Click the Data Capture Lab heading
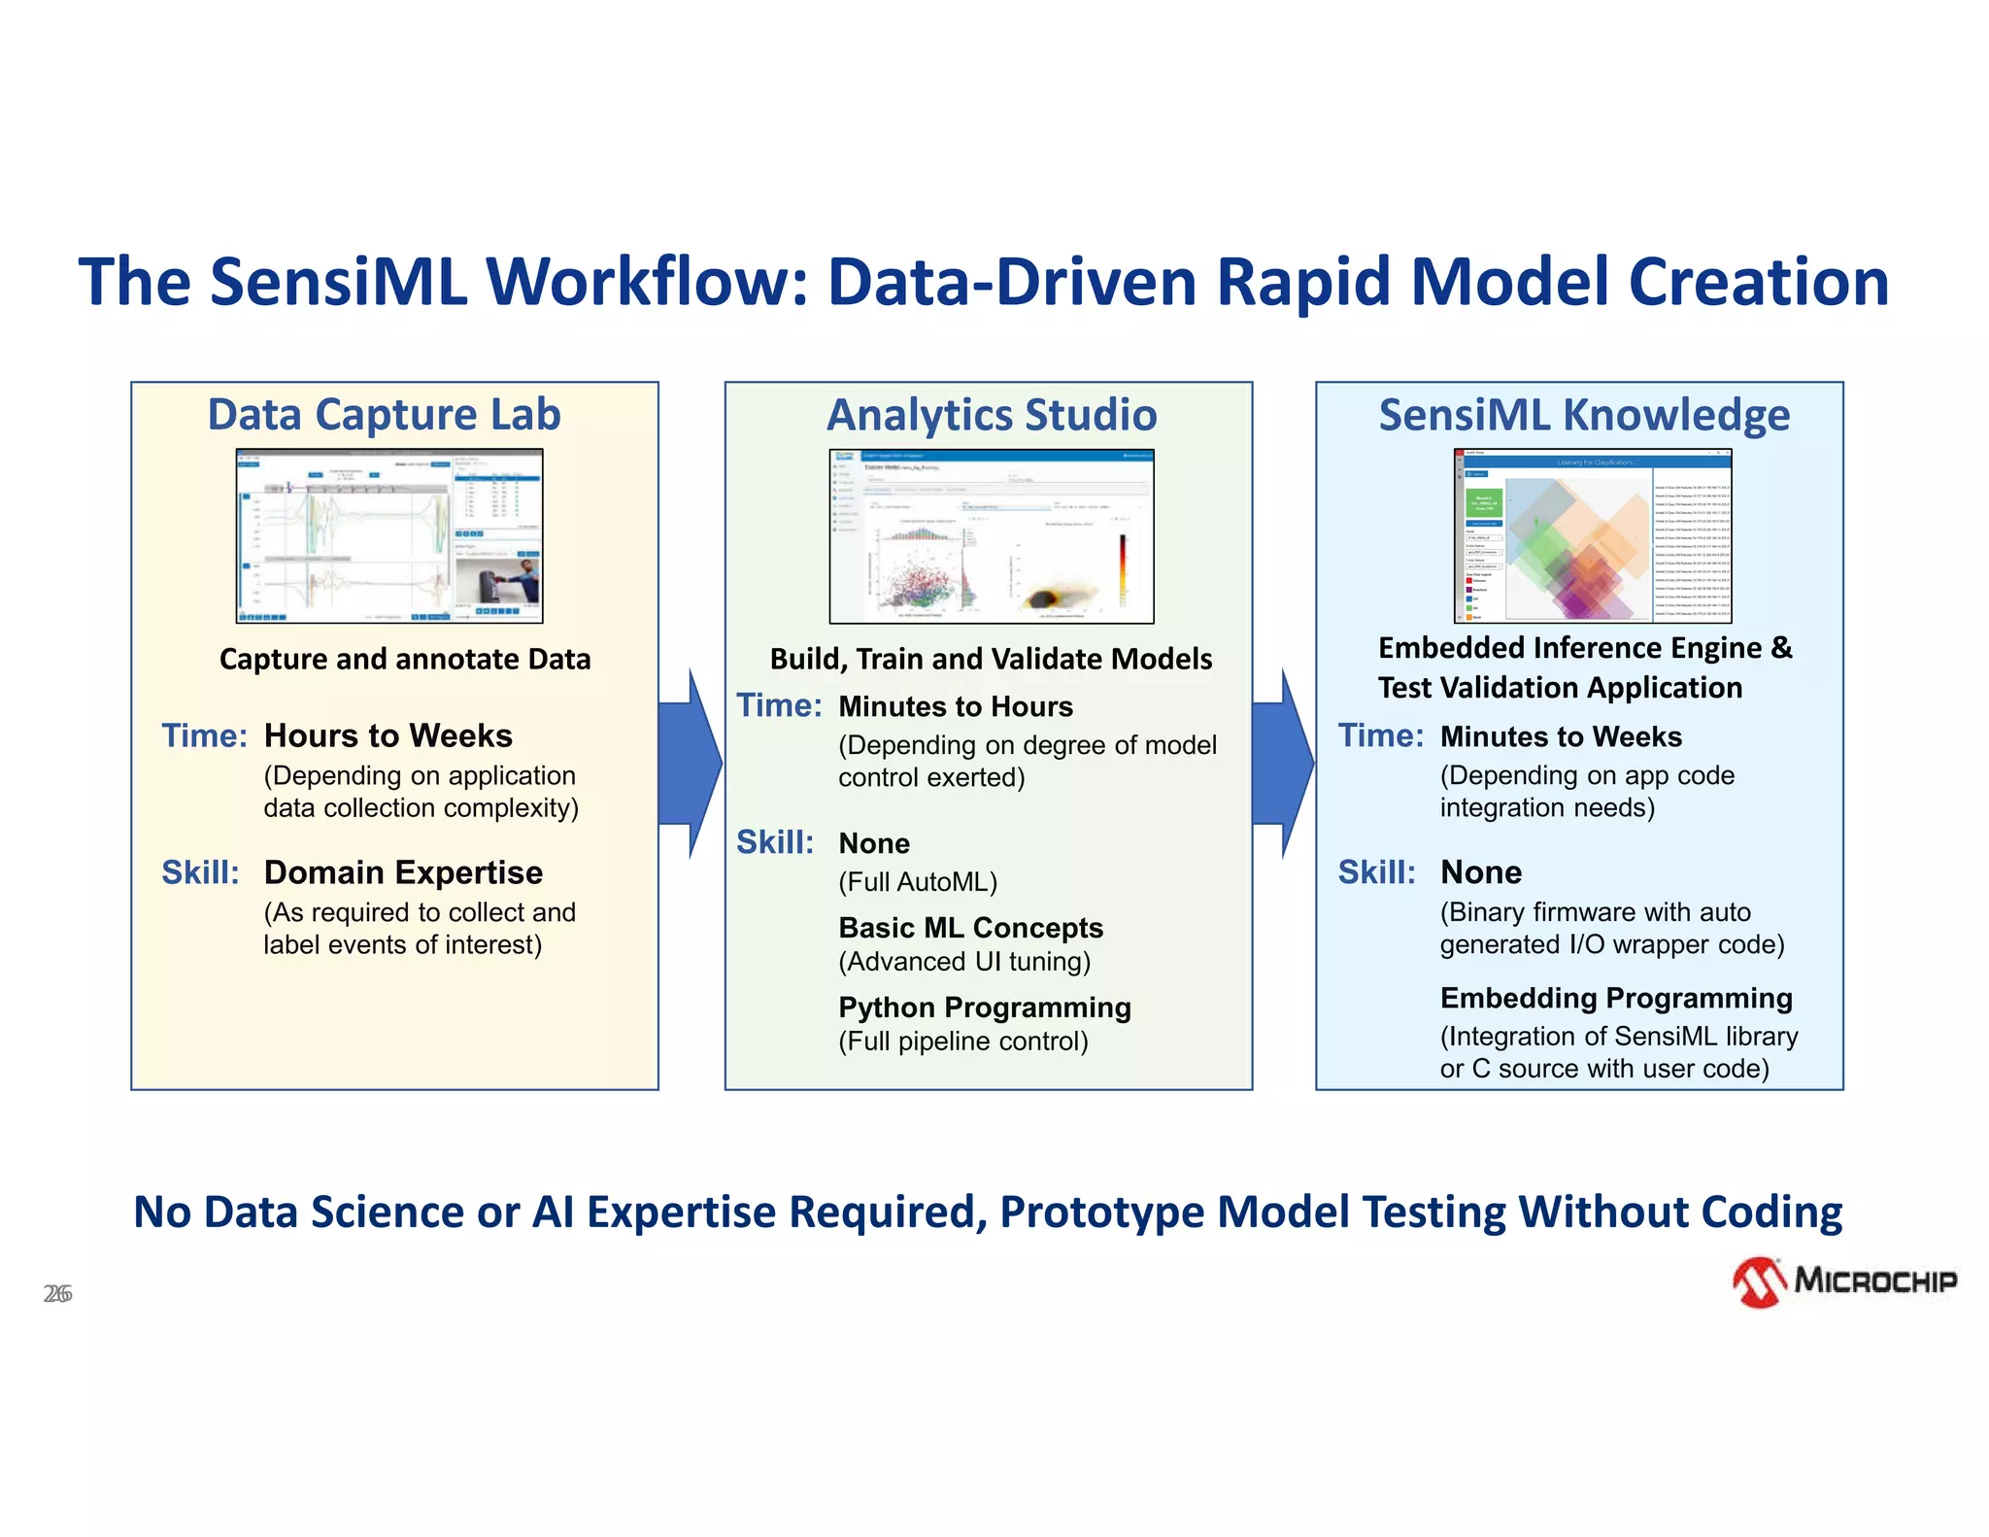[384, 415]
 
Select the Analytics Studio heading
[992, 415]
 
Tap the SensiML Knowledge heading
[1584, 415]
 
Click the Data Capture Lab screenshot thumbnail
[389, 535]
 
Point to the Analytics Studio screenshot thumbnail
[992, 535]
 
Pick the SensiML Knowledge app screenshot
[1593, 535]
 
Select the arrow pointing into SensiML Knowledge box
[1283, 764]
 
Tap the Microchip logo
[1845, 1281]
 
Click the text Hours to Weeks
[388, 735]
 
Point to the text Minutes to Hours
[956, 706]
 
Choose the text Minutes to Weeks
[1561, 736]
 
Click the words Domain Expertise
[403, 872]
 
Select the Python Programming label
[985, 1008]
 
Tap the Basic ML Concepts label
[970, 928]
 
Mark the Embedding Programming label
[1616, 998]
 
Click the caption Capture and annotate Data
[405, 659]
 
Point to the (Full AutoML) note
[918, 882]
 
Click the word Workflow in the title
[649, 282]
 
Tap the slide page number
[57, 1294]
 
